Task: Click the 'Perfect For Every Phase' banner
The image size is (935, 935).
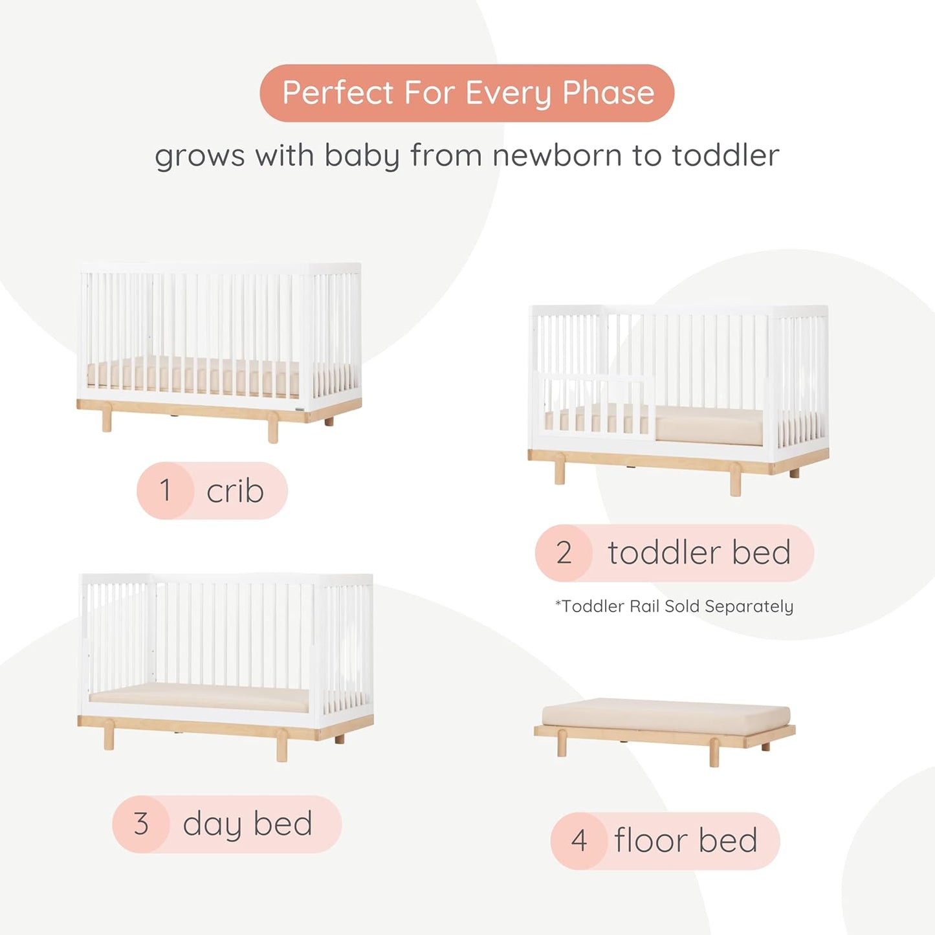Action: click(467, 93)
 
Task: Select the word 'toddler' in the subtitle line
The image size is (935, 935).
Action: click(725, 155)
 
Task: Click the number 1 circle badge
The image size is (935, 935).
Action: click(166, 490)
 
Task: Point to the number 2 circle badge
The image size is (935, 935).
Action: click(564, 553)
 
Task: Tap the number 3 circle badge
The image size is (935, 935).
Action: click(141, 824)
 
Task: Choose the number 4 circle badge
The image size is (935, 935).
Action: click(578, 841)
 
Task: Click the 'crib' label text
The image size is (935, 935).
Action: click(235, 490)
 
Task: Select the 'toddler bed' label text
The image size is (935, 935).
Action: click(699, 553)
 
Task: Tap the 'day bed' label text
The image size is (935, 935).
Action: click(247, 824)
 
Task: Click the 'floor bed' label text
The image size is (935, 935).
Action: click(685, 841)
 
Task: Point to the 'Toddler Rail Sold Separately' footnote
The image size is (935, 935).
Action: click(674, 606)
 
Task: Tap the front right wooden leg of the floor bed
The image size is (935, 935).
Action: click(714, 753)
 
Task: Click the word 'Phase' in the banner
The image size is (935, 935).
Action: click(608, 93)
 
